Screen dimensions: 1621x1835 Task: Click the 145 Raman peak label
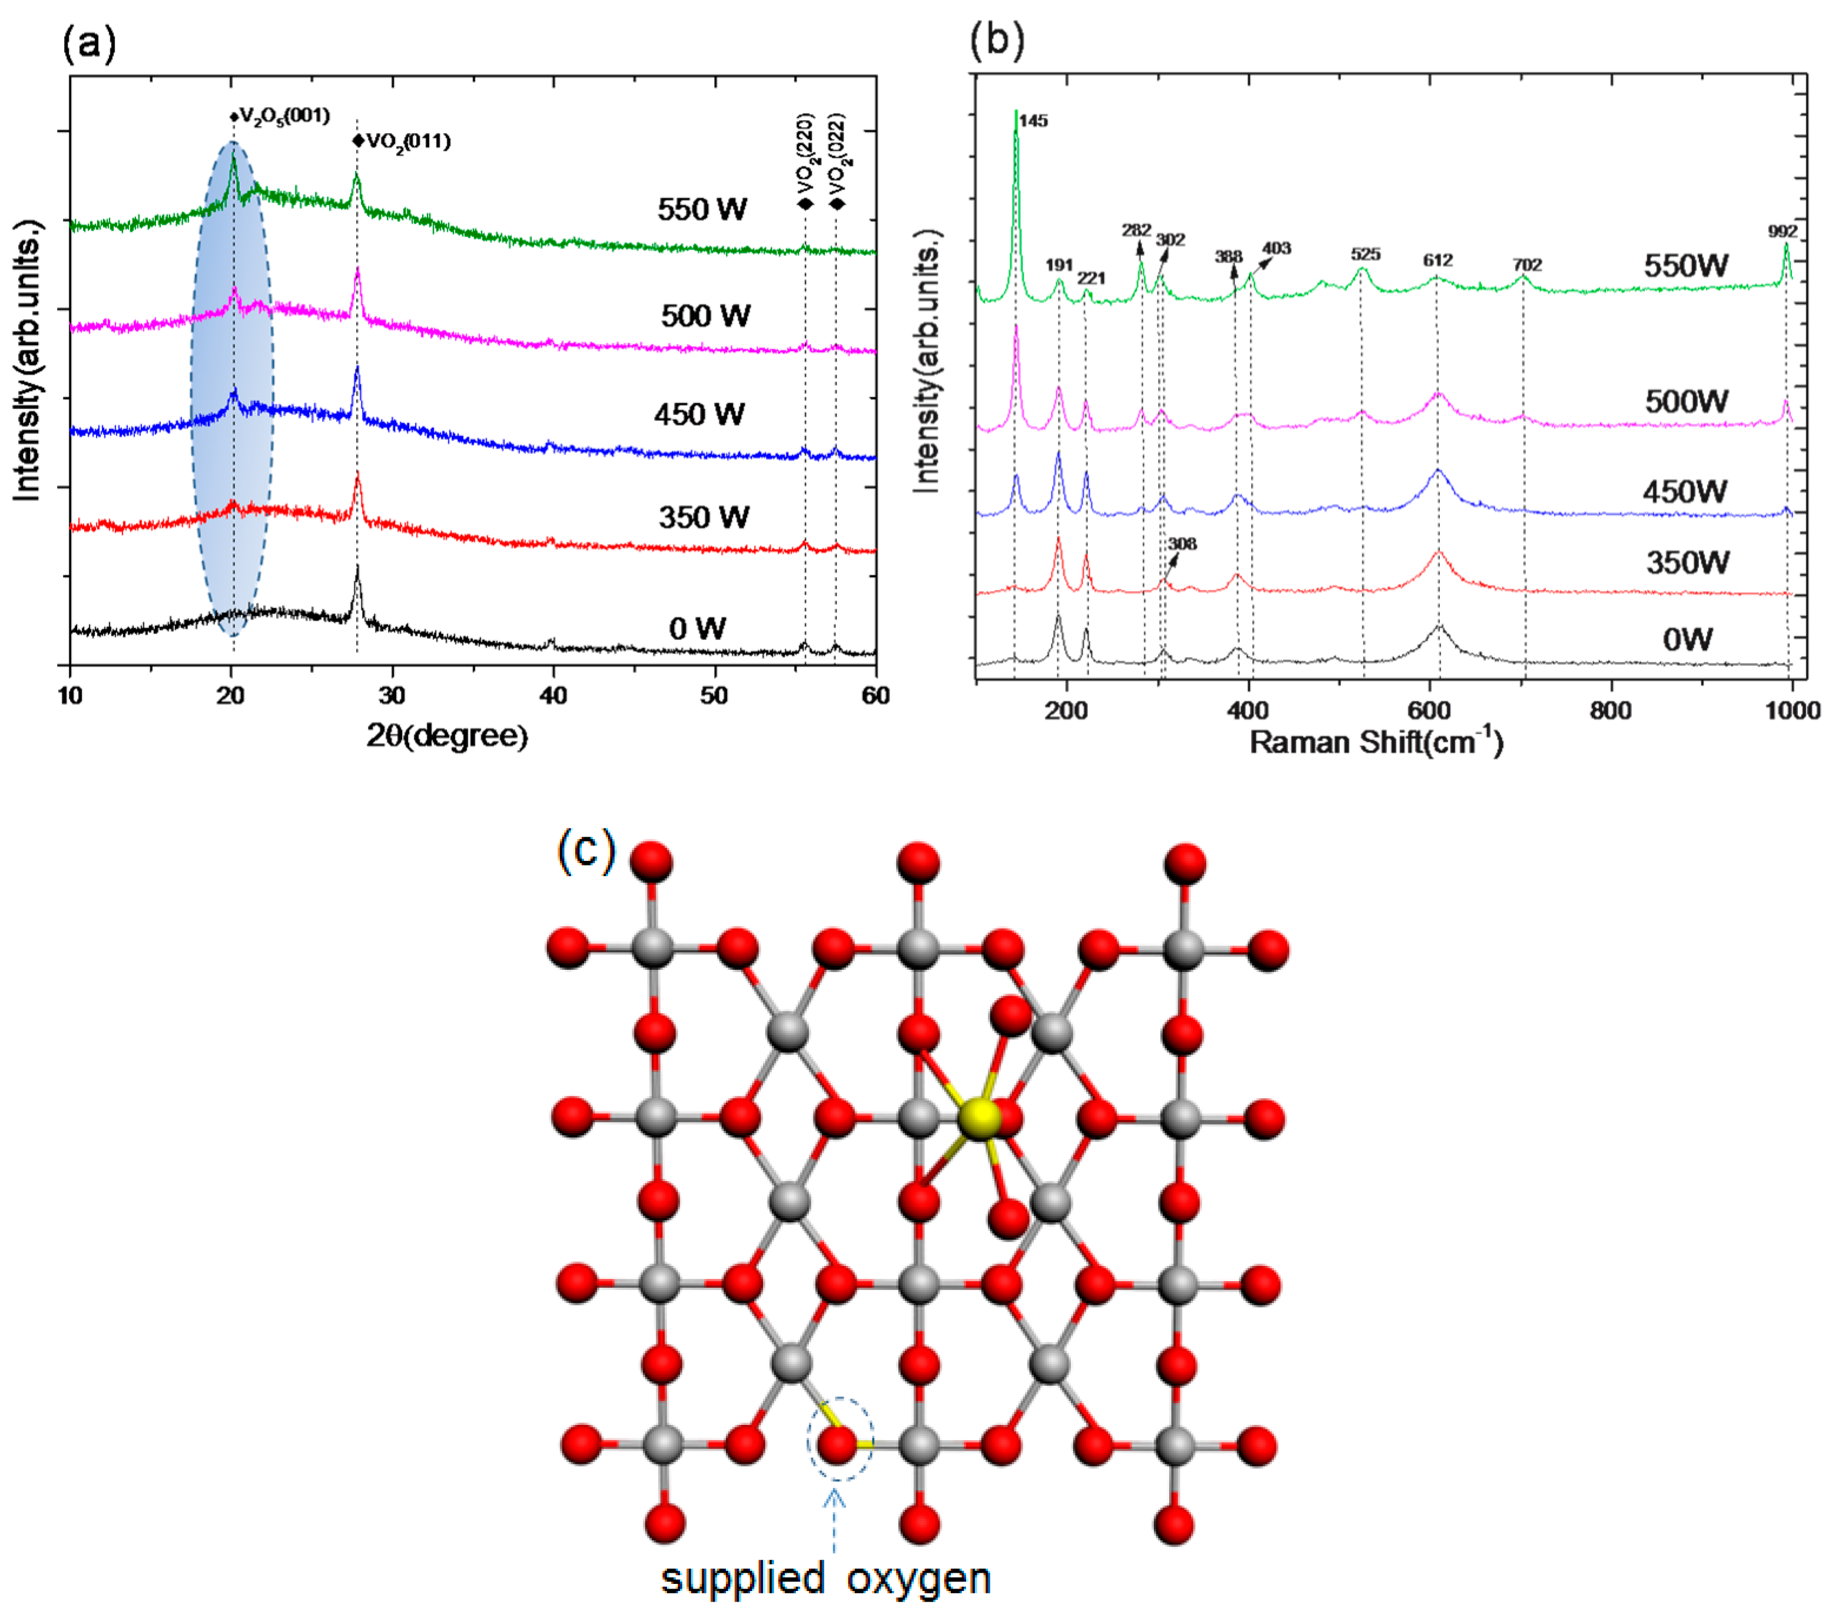coord(1033,121)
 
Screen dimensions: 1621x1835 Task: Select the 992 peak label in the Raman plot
coord(1782,232)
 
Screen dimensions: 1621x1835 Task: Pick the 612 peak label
coord(1437,260)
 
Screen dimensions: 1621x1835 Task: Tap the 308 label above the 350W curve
coord(1182,544)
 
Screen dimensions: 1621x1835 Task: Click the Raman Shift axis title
coord(1375,742)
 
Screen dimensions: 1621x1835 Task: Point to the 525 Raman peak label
coord(1365,254)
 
